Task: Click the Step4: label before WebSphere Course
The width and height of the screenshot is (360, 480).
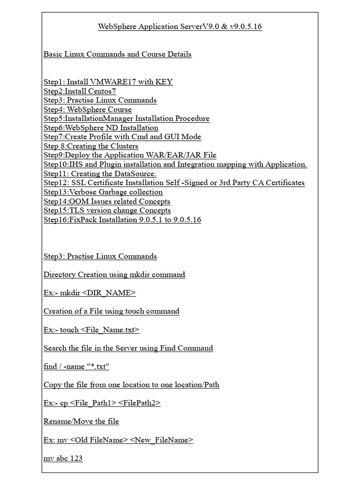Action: pyautogui.click(x=54, y=110)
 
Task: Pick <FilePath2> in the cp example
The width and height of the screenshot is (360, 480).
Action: pyautogui.click(x=139, y=403)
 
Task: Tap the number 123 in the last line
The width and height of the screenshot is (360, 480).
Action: pyautogui.click(x=76, y=458)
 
